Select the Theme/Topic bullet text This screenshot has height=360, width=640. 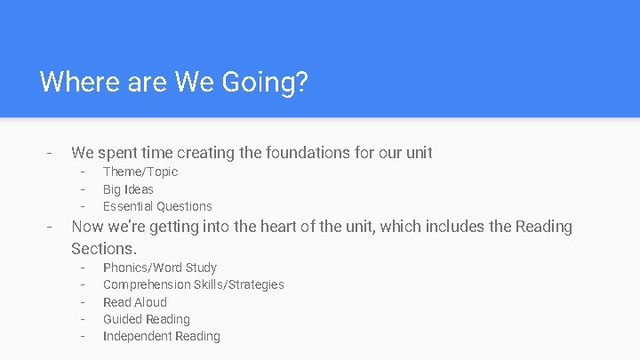[140, 172]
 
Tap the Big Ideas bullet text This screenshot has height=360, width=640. [128, 189]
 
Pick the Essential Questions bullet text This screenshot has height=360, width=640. [157, 206]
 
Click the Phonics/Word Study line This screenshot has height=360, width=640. [160, 268]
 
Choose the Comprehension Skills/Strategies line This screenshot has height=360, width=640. [194, 284]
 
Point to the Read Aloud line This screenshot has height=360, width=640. [135, 302]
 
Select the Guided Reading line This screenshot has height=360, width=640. [147, 319]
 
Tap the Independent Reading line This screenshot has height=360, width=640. [162, 336]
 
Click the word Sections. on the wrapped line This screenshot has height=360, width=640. [104, 248]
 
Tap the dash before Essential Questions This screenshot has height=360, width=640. [82, 206]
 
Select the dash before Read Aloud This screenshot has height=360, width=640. [82, 302]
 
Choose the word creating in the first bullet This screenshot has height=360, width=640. [208, 153]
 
